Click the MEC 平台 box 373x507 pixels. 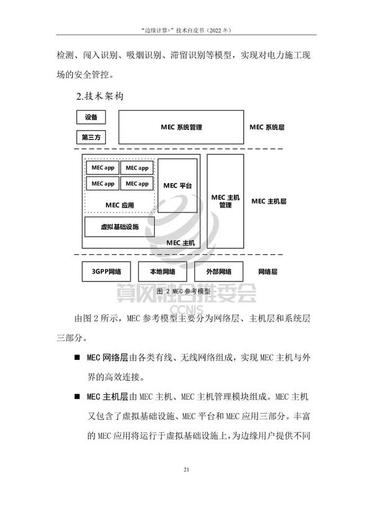point(177,186)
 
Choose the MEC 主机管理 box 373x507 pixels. point(225,201)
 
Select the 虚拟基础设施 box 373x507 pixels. point(119,227)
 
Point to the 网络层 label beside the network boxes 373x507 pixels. point(268,272)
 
